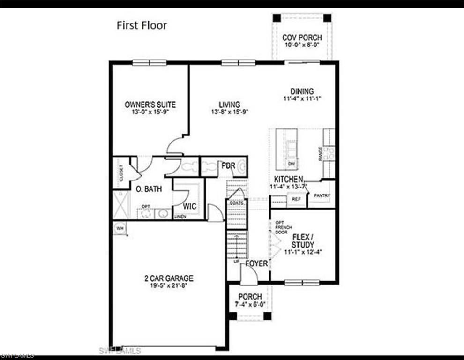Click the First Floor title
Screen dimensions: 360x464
coord(142,25)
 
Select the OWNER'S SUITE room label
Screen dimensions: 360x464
coord(150,105)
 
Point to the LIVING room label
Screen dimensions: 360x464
coord(229,105)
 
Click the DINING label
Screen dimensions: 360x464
coord(302,91)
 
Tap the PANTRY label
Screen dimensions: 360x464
coord(322,196)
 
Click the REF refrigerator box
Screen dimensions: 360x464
coord(296,199)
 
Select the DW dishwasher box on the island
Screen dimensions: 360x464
coord(291,164)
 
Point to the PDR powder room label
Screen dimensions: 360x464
coord(228,166)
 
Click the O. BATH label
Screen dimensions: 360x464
coord(149,189)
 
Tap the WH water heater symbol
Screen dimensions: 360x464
coord(120,228)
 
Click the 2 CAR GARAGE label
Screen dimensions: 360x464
coord(169,278)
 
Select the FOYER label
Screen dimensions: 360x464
coord(256,263)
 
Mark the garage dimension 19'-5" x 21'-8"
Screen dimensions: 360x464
coord(169,285)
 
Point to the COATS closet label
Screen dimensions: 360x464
coord(237,203)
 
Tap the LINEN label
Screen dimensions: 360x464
coord(180,217)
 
